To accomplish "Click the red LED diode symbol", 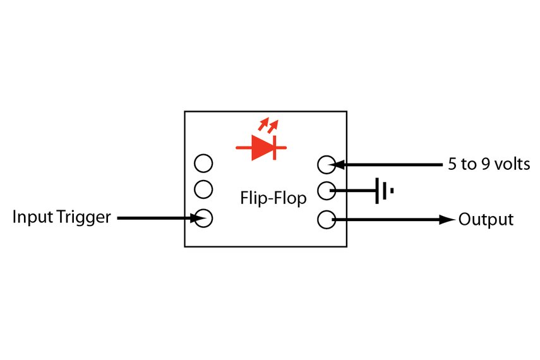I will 261,148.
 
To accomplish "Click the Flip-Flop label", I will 273,198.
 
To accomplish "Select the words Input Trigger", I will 62,218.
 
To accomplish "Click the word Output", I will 486,220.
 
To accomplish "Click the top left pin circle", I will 203,164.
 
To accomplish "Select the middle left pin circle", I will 203,188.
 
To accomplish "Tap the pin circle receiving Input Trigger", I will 203,219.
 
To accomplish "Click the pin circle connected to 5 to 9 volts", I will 325,165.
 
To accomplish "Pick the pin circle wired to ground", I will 325,189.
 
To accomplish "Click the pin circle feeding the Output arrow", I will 325,220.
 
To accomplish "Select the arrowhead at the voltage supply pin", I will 337,165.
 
